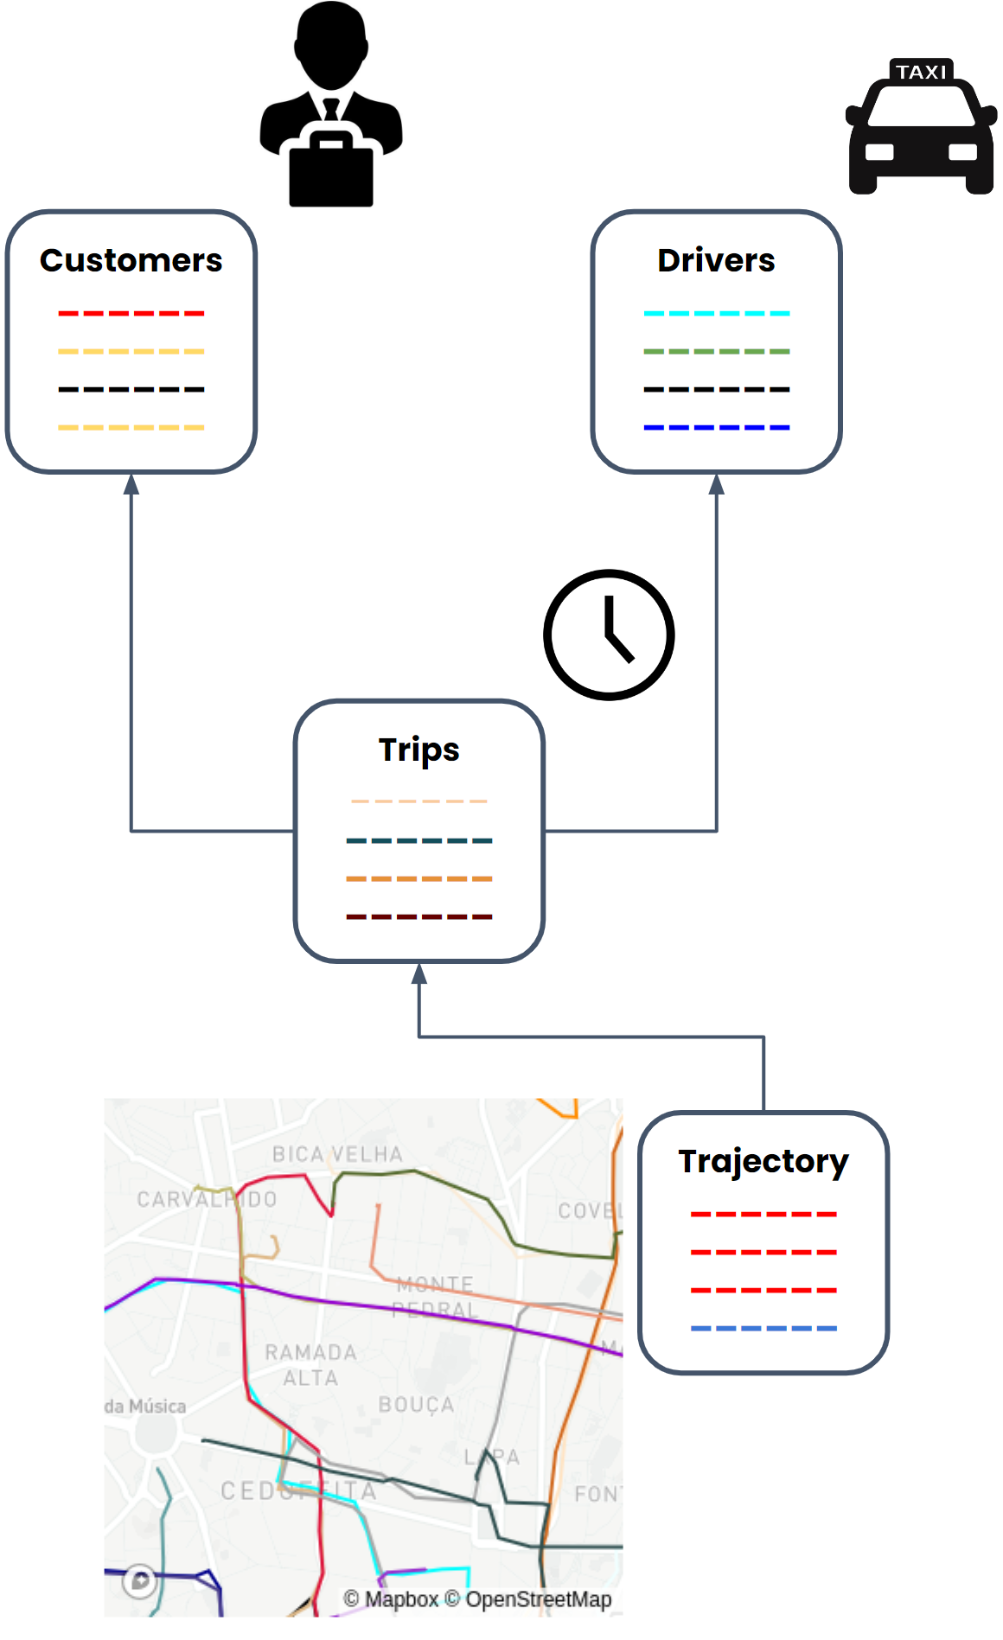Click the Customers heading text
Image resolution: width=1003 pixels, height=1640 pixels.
pos(131,260)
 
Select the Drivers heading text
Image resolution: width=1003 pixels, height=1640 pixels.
pos(716,260)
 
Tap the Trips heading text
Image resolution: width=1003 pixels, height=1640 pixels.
pos(419,750)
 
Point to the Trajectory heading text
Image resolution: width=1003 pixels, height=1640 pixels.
pos(763,1161)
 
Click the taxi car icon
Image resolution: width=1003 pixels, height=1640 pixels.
pos(921,138)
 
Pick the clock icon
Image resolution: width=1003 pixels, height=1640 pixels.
pos(609,635)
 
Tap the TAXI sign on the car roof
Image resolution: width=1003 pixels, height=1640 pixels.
pos(921,72)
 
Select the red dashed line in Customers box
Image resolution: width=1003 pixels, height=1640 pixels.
pos(131,313)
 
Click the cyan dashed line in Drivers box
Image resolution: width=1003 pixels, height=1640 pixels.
pos(716,313)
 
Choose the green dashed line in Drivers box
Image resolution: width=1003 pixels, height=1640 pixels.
pos(716,351)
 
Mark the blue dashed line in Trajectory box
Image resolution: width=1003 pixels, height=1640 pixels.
pos(763,1328)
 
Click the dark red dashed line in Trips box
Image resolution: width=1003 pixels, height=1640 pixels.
pos(419,916)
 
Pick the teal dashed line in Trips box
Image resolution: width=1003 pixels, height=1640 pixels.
pos(419,840)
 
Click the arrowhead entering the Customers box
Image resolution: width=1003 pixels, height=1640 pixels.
pos(131,484)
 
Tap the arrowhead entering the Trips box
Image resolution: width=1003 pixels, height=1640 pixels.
pos(419,973)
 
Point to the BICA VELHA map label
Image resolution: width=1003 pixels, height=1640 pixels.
pos(337,1154)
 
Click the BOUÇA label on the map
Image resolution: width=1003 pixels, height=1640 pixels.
pos(416,1405)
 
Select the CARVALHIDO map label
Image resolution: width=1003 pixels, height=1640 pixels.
pos(207,1199)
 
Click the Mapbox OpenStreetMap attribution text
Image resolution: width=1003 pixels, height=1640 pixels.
pos(477,1599)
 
